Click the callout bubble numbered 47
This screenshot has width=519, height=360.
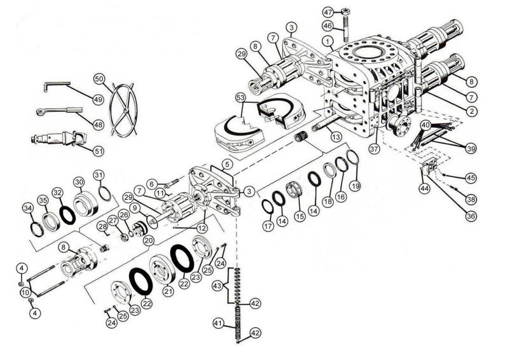pyautogui.click(x=328, y=12)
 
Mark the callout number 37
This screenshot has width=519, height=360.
pyautogui.click(x=373, y=149)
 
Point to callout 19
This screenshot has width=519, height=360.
pyautogui.click(x=356, y=186)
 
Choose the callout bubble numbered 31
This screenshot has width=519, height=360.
pyautogui.click(x=98, y=175)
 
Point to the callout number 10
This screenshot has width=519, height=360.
pyautogui.click(x=25, y=292)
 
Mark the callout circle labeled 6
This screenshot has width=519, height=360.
pyautogui.click(x=151, y=183)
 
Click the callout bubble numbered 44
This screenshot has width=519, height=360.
pyautogui.click(x=423, y=189)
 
